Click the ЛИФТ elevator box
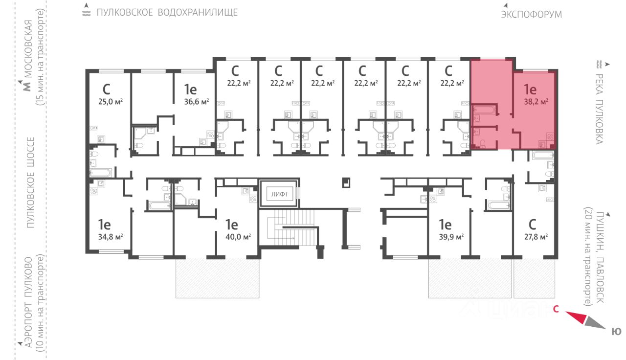pyautogui.click(x=279, y=194)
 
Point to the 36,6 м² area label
pyautogui.click(x=197, y=102)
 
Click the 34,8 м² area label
pyautogui.click(x=111, y=237)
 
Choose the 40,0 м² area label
pyautogui.click(x=239, y=237)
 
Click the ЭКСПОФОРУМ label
pyautogui.click(x=531, y=14)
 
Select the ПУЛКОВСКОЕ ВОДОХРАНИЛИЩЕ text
pyautogui.click(x=167, y=12)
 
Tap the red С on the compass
pyautogui.click(x=556, y=309)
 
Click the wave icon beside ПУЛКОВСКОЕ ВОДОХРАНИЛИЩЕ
pyautogui.click(x=87, y=12)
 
